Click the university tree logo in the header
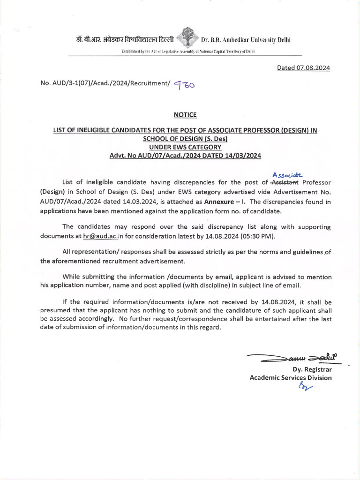pyautogui.click(x=188, y=40)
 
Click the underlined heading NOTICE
pyautogui.click(x=185, y=115)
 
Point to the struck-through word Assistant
pyautogui.click(x=285, y=182)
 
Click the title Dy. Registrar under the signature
pyautogui.click(x=312, y=370)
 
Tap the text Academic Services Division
pyautogui.click(x=291, y=378)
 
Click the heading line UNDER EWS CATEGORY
pyautogui.click(x=185, y=147)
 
